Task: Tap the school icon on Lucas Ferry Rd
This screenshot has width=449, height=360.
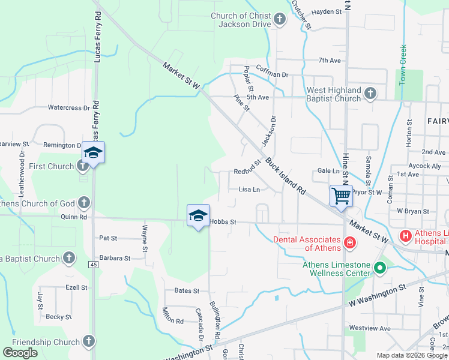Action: click(x=93, y=153)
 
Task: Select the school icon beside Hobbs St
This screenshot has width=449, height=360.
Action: click(x=199, y=216)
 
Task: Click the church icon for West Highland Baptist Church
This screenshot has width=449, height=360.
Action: click(x=370, y=93)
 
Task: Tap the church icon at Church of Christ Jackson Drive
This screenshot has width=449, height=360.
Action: click(x=279, y=20)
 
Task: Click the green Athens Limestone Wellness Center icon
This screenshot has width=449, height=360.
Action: click(x=379, y=268)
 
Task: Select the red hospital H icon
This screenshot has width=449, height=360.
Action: click(x=405, y=236)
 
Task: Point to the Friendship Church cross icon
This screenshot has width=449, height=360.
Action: click(x=88, y=342)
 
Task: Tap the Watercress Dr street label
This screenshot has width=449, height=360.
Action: click(x=68, y=108)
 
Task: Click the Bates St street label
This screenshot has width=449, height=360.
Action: click(x=187, y=291)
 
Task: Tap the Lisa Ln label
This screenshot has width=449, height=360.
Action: click(x=249, y=190)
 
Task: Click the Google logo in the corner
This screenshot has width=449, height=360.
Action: click(x=20, y=353)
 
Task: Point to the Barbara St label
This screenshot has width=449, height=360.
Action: click(x=115, y=258)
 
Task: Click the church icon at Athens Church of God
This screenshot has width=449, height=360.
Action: click(x=84, y=203)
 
